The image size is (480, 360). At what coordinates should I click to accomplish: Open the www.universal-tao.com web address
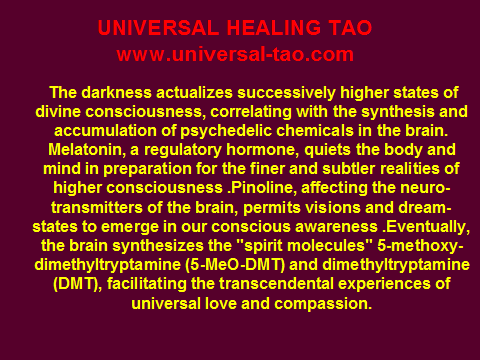click(x=235, y=54)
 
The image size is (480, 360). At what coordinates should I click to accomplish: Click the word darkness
click(x=116, y=92)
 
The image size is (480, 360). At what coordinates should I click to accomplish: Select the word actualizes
click(x=194, y=92)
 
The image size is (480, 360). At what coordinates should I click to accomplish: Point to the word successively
click(x=286, y=93)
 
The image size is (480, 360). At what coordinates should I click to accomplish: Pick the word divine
click(x=58, y=111)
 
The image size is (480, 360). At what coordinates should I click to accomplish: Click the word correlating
click(x=251, y=112)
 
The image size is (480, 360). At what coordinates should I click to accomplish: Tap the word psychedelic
click(x=226, y=131)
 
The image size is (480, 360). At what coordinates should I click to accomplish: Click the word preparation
click(x=147, y=169)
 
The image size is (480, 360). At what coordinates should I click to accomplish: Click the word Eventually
click(x=428, y=227)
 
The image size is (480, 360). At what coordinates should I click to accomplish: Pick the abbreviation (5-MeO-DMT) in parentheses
click(x=234, y=265)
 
